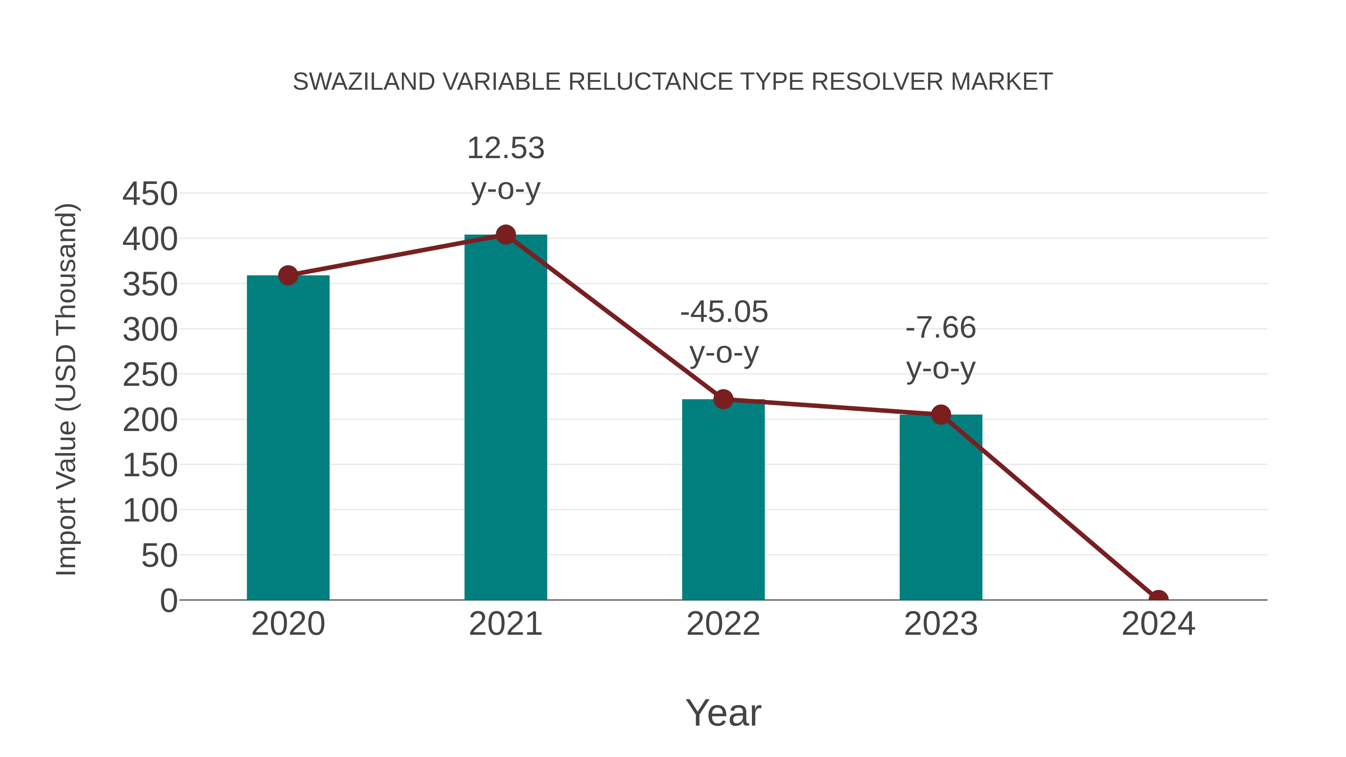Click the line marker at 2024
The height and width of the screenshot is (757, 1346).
(1158, 599)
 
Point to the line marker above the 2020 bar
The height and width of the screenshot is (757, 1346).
(288, 275)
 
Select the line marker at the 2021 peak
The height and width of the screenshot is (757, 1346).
(505, 235)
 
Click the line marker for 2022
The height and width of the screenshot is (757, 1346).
(723, 399)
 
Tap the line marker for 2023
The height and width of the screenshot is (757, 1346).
(941, 415)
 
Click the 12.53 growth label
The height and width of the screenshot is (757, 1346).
(505, 148)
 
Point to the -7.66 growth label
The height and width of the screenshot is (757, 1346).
(941, 328)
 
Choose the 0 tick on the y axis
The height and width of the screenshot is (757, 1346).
(169, 600)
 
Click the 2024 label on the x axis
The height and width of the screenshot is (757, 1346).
(1158, 624)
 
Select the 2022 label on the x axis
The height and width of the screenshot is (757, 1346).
(723, 624)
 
